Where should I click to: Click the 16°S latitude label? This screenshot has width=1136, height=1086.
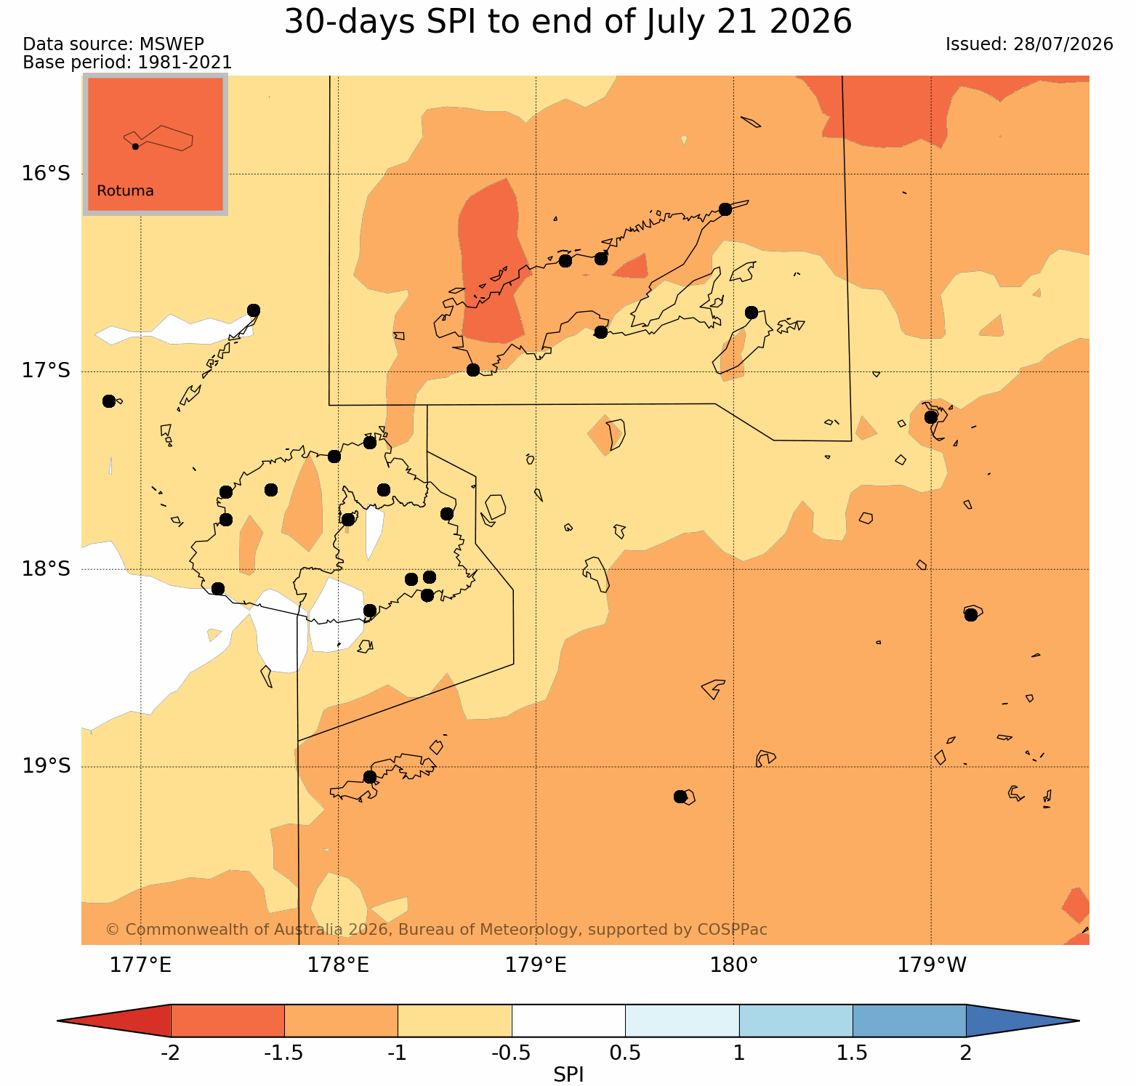pyautogui.click(x=47, y=174)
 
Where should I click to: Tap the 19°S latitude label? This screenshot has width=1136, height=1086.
pyautogui.click(x=47, y=766)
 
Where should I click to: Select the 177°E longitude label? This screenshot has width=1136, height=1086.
pyautogui.click(x=140, y=965)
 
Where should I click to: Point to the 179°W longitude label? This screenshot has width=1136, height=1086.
pyautogui.click(x=932, y=965)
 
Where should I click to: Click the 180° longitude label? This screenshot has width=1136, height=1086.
pyautogui.click(x=734, y=965)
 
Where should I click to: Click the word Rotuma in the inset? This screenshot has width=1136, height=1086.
pyautogui.click(x=125, y=191)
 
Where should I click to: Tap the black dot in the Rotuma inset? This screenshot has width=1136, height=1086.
pyautogui.click(x=135, y=146)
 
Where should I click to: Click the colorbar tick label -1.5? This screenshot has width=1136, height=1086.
pyautogui.click(x=283, y=1053)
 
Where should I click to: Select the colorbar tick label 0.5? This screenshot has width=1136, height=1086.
pyautogui.click(x=625, y=1053)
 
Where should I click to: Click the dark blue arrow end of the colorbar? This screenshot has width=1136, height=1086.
pyautogui.click(x=1022, y=1021)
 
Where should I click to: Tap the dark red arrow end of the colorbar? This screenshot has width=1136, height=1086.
pyautogui.click(x=114, y=1021)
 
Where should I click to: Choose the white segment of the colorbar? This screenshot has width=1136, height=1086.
pyautogui.click(x=568, y=1021)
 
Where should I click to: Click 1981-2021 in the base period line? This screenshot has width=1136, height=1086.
pyautogui.click(x=185, y=63)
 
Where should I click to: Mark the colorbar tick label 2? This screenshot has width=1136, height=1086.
pyautogui.click(x=966, y=1053)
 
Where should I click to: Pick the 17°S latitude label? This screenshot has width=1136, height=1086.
pyautogui.click(x=47, y=371)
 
